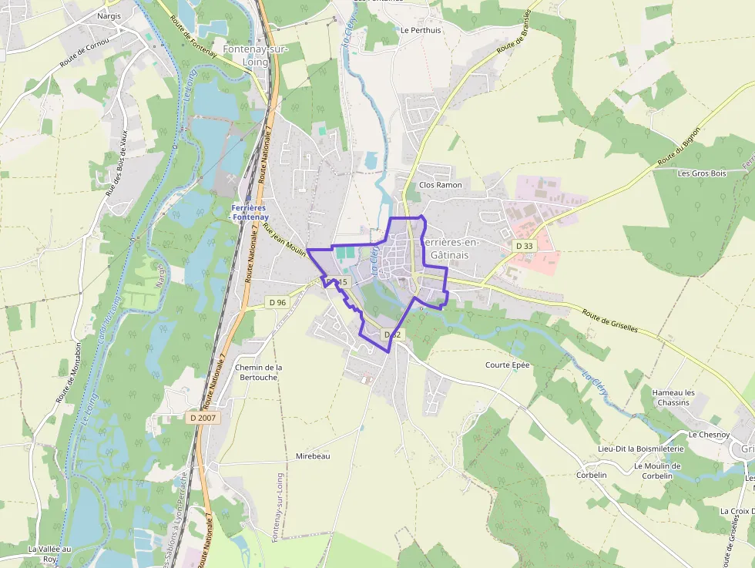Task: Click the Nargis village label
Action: pyautogui.click(x=109, y=15)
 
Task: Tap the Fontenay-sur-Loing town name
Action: pyautogui.click(x=245, y=55)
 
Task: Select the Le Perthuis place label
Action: pyautogui.click(x=421, y=31)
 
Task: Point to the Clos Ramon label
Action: pyautogui.click(x=441, y=185)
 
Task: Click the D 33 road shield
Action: pyautogui.click(x=525, y=246)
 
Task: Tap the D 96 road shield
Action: pyautogui.click(x=277, y=302)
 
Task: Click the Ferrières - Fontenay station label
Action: pyautogui.click(x=248, y=213)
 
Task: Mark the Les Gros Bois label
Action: pyautogui.click(x=702, y=173)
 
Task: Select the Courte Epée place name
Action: pyautogui.click(x=508, y=365)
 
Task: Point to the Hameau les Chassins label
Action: pyautogui.click(x=673, y=398)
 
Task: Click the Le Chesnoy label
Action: pyautogui.click(x=709, y=435)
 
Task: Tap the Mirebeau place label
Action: pyautogui.click(x=313, y=456)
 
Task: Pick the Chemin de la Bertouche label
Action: pyautogui.click(x=259, y=373)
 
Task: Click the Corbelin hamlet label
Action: pyautogui.click(x=592, y=475)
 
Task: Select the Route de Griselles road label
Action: pyautogui.click(x=610, y=321)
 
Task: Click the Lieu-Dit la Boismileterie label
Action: pyautogui.click(x=641, y=449)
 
